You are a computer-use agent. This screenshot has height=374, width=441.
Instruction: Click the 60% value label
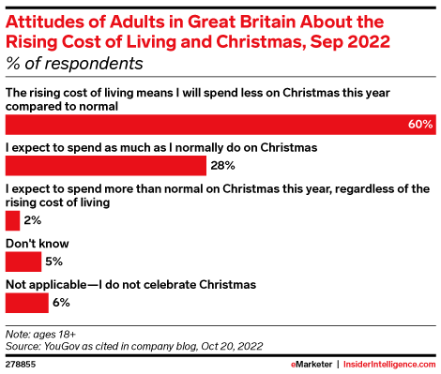420,125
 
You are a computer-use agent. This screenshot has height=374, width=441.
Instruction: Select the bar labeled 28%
106,166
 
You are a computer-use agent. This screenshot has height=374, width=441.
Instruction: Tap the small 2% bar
12,220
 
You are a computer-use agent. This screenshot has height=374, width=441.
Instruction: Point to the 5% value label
53,262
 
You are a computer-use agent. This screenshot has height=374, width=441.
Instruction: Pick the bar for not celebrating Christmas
27,303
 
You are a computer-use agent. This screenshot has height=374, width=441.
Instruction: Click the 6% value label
61,303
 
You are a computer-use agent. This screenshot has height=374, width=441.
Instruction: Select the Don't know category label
38,244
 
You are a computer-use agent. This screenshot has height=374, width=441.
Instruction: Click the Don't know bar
23,262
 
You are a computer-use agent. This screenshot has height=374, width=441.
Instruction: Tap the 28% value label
222,165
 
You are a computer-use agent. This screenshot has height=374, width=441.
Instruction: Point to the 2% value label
33,220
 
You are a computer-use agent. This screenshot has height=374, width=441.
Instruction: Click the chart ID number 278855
21,365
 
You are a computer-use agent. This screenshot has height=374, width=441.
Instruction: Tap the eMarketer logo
312,365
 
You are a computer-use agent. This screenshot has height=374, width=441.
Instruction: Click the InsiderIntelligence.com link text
389,365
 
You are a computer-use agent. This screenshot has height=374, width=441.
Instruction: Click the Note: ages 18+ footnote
40,335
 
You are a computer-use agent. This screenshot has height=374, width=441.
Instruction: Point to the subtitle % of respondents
74,64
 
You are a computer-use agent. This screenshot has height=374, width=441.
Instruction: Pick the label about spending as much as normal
161,148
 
